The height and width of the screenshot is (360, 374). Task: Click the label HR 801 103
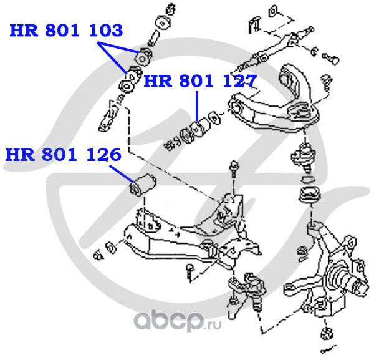[66, 31]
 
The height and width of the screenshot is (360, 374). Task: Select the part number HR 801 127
[200, 81]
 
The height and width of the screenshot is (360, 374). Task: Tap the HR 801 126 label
[63, 155]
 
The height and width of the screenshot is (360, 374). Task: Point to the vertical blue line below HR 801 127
[197, 106]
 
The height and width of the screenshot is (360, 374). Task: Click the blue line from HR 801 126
[122, 174]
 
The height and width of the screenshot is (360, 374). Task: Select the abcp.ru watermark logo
[177, 320]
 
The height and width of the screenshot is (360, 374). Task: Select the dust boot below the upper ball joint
[310, 195]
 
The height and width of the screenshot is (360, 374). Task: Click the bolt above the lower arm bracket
[233, 169]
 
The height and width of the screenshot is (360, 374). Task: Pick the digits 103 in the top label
[106, 31]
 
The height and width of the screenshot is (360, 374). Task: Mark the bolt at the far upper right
[331, 59]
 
